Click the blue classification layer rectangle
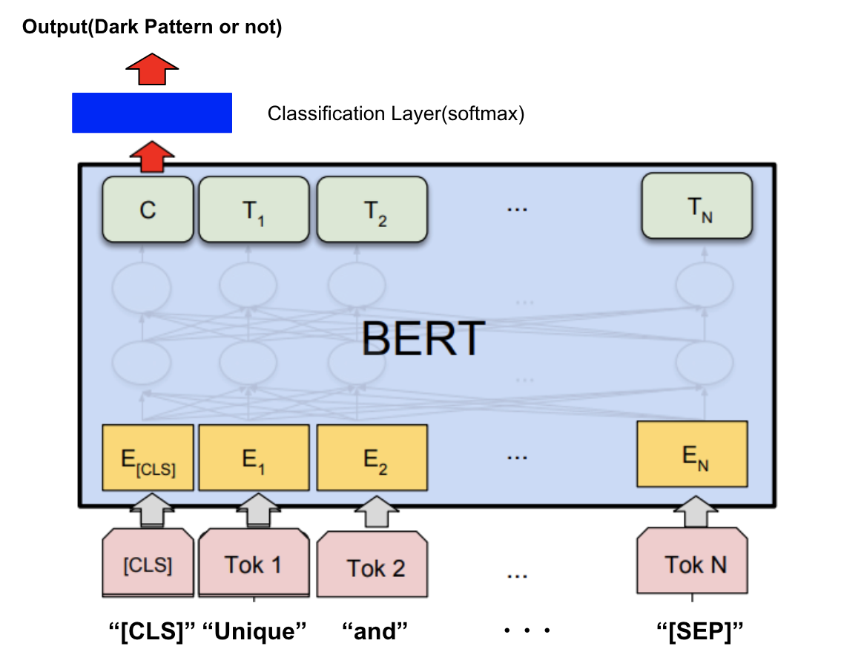tap(152, 113)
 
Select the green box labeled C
tap(148, 210)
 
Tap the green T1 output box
tap(254, 210)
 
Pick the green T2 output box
tap(372, 210)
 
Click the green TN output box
tap(696, 206)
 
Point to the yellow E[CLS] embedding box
tap(148, 458)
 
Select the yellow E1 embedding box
tap(254, 458)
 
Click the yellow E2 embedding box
tap(372, 458)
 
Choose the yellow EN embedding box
tap(692, 454)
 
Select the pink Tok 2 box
tap(372, 567)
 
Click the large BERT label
tap(423, 339)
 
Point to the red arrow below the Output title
tap(152, 71)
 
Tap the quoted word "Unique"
tap(254, 633)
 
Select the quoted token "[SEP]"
tap(701, 633)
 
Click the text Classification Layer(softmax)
tap(396, 114)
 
